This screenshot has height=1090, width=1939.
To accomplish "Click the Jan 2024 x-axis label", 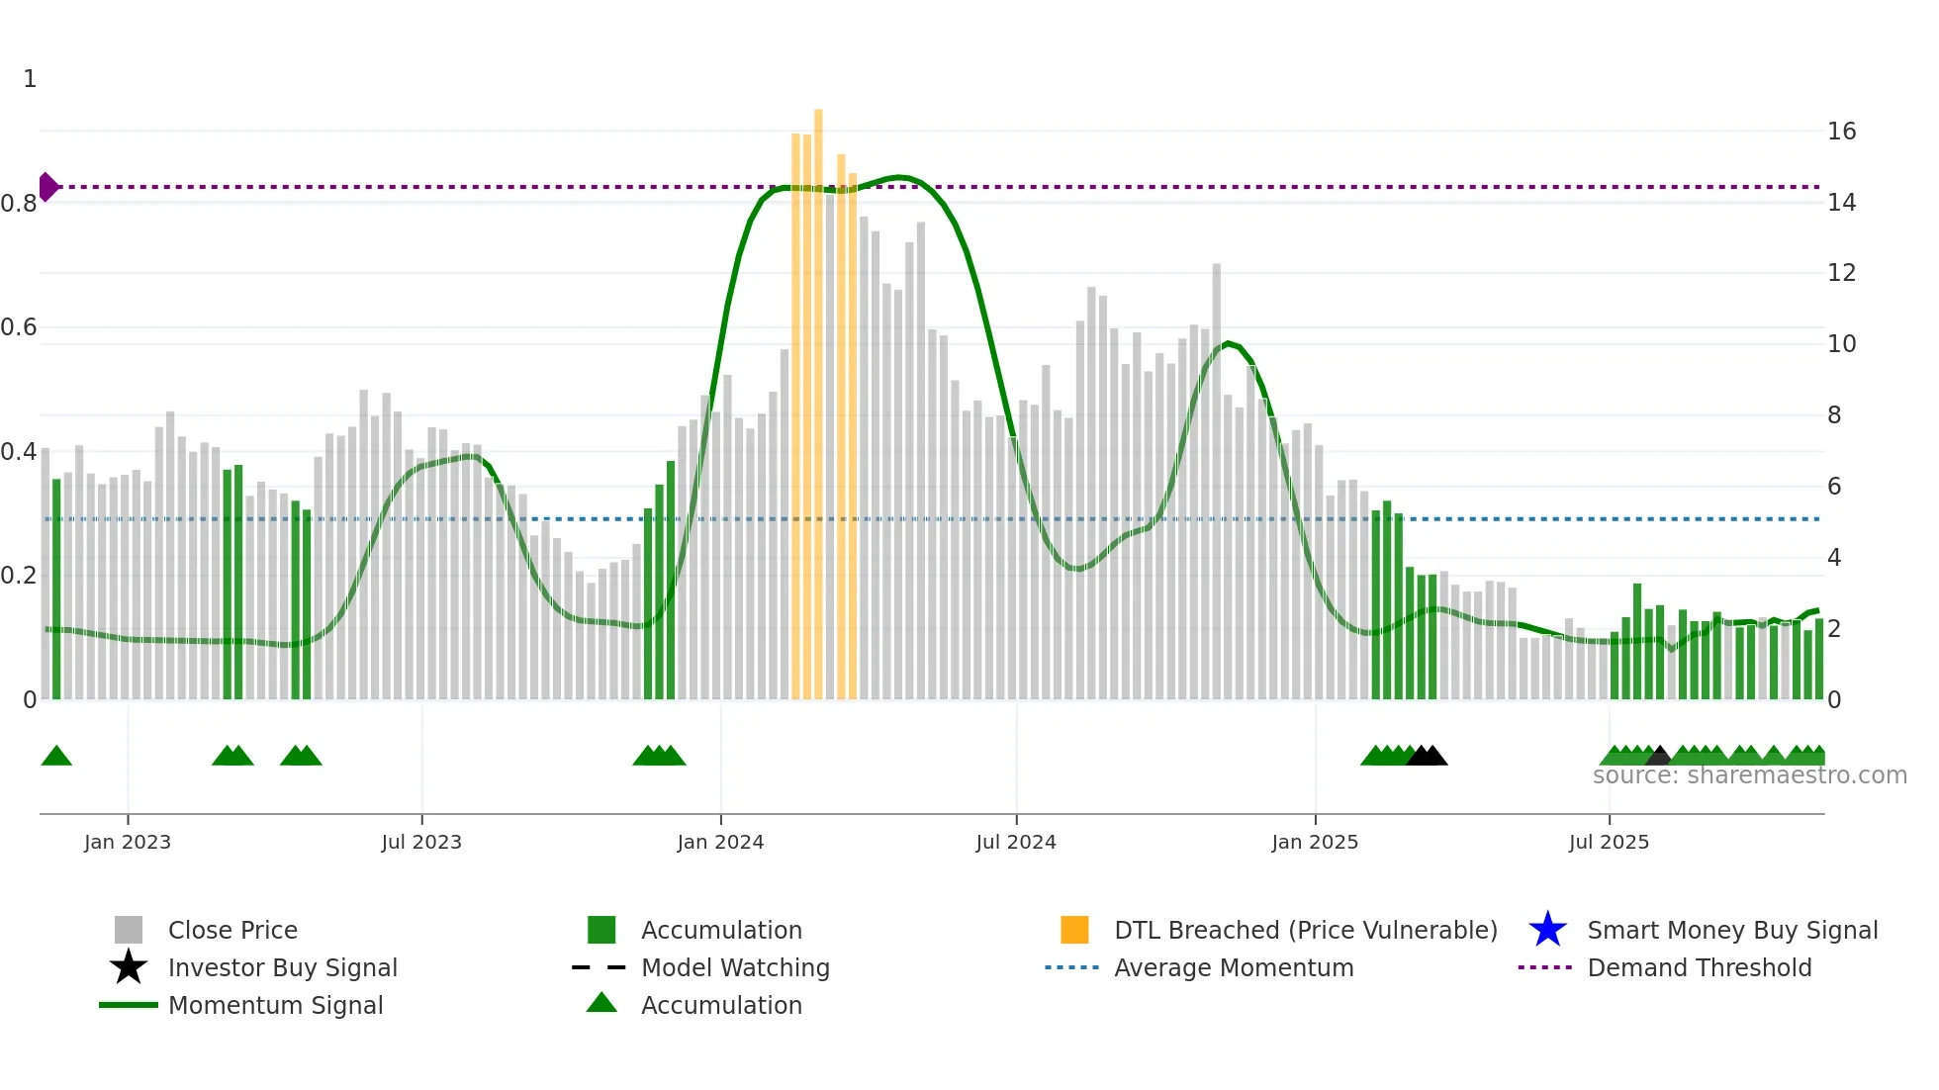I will click(720, 842).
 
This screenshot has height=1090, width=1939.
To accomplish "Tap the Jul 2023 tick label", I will click(421, 842).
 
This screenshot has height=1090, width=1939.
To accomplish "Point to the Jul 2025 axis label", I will click(1609, 842).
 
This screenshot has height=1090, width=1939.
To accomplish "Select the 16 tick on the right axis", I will click(1841, 132).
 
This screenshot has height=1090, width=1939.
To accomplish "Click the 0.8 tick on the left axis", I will click(19, 204).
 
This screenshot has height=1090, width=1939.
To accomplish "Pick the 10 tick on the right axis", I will click(1841, 344).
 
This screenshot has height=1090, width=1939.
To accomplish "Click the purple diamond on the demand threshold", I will click(47, 187).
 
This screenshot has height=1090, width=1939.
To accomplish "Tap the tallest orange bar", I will click(818, 396).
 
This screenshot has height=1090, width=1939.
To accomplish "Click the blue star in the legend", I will click(1547, 930).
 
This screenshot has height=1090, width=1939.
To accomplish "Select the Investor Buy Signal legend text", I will click(282, 967).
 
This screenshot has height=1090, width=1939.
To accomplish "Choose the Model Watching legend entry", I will click(735, 967).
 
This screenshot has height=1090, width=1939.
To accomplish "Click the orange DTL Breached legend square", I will click(1074, 930).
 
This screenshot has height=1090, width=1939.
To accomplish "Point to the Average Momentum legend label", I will click(1234, 967).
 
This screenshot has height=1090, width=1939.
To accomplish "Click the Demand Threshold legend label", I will click(1699, 967).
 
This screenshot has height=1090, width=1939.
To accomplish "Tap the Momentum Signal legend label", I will click(275, 1005).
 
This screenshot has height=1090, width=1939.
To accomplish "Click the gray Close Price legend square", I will click(129, 930).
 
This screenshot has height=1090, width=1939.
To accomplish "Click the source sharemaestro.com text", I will click(1749, 775).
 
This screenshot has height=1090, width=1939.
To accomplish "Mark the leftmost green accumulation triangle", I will click(56, 757).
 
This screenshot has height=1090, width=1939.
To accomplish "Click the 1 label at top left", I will click(30, 79).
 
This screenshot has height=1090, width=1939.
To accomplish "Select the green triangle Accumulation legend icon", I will click(601, 1003).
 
